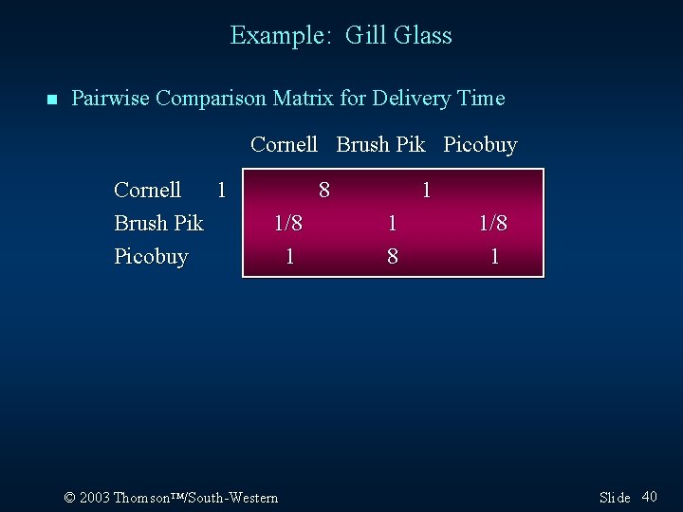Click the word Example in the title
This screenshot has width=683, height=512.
pyautogui.click(x=278, y=36)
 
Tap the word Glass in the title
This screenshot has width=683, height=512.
pyautogui.click(x=422, y=36)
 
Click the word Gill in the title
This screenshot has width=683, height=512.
pyautogui.click(x=364, y=36)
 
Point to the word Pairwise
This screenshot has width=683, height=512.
pyautogui.click(x=110, y=99)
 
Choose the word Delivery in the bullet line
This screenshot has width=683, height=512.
pyautogui.click(x=410, y=99)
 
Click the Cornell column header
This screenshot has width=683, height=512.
pyautogui.click(x=284, y=145)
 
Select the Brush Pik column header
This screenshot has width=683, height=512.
pyautogui.click(x=380, y=145)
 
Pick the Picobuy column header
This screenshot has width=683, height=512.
pyautogui.click(x=480, y=145)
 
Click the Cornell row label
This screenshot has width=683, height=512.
pyautogui.click(x=147, y=191)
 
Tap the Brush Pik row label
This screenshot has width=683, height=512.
pyautogui.click(x=158, y=224)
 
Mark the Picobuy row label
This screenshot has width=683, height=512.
pyautogui.click(x=151, y=257)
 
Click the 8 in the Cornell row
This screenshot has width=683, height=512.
pyautogui.click(x=324, y=191)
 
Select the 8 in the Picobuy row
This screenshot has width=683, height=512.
pyautogui.click(x=392, y=257)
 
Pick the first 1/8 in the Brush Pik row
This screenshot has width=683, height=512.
pyautogui.click(x=288, y=224)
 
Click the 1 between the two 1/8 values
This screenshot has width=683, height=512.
pyautogui.click(x=392, y=224)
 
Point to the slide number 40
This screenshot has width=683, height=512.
pyautogui.click(x=650, y=497)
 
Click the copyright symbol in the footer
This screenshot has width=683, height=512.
pyautogui.click(x=69, y=498)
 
